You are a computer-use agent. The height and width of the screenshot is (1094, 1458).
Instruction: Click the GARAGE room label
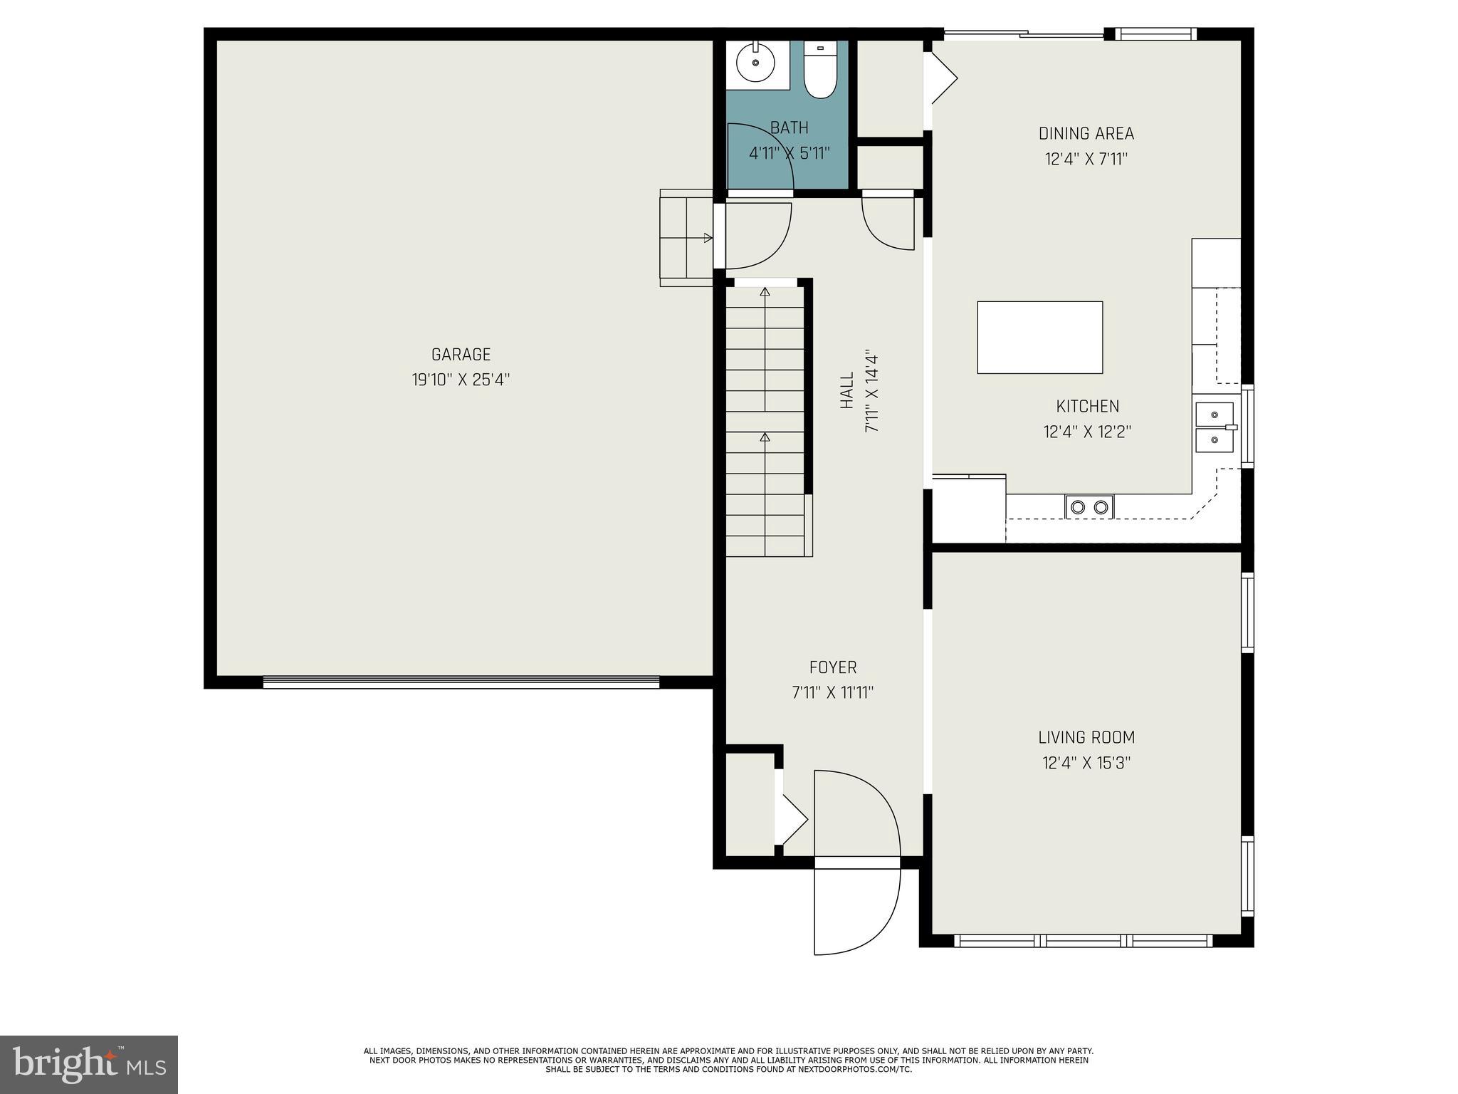461,354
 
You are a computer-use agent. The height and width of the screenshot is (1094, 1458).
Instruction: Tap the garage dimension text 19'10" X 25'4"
461,380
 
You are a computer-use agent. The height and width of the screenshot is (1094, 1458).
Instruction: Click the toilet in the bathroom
820,70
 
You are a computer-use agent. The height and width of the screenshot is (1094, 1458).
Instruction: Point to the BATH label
790,127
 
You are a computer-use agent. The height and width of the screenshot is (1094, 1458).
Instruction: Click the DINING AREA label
1086,133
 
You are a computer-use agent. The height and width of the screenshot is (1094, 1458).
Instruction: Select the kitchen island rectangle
1039,337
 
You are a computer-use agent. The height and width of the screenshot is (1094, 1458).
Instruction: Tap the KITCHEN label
1087,406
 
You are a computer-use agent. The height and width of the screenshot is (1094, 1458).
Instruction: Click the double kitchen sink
1215,427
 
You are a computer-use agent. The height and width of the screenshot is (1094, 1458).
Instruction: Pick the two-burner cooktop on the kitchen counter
1089,506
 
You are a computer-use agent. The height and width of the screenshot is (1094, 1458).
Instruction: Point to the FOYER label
833,667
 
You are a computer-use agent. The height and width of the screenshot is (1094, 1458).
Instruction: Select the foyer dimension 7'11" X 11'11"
833,692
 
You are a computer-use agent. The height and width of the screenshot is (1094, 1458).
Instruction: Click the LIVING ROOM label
1086,737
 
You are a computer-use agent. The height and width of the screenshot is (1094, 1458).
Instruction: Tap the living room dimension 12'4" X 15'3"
1086,763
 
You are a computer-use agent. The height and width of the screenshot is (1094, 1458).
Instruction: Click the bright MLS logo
89,1064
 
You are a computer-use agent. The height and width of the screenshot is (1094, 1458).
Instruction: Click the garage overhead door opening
461,682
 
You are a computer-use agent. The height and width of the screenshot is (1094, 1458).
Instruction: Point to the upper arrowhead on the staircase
765,291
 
